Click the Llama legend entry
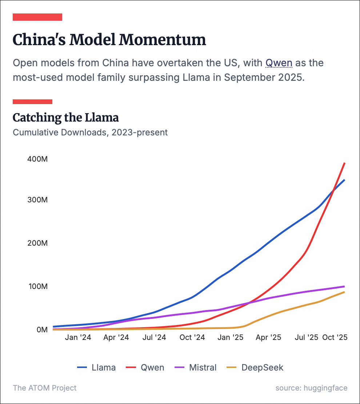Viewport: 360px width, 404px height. [x=97, y=367]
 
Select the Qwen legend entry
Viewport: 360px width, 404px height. [x=145, y=367]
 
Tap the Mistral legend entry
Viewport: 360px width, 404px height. [x=196, y=367]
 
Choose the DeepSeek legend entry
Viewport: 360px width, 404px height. [x=255, y=367]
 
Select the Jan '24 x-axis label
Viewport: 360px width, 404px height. [x=78, y=337]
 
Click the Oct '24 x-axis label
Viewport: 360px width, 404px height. [x=192, y=337]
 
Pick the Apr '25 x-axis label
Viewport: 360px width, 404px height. [x=268, y=337]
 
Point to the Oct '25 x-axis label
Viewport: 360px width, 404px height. [x=335, y=337]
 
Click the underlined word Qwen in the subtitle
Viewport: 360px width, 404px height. [x=279, y=63]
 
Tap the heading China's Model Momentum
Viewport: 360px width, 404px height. [x=109, y=40]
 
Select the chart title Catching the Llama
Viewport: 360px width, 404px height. [x=66, y=118]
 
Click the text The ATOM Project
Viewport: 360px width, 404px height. [x=45, y=388]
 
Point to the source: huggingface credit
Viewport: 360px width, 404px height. [x=311, y=388]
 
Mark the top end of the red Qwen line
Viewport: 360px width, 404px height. [x=344, y=163]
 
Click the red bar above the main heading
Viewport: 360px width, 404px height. [x=37, y=17]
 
